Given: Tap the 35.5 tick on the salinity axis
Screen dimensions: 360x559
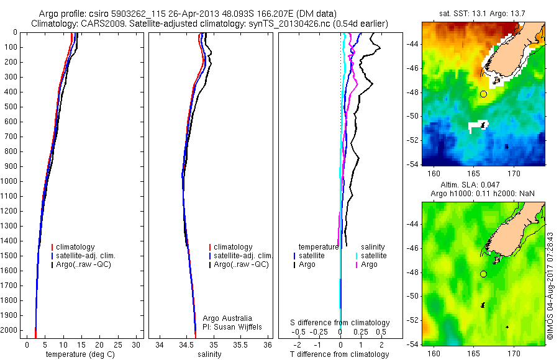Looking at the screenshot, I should pos(241,344).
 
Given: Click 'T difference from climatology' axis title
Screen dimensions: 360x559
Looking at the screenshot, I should pos(340,355).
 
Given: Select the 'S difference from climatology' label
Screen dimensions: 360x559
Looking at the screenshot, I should pos(340,323).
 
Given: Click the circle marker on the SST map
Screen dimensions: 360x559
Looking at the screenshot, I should pos(483,94).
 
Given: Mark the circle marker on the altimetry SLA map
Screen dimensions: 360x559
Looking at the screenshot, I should pos(483,274).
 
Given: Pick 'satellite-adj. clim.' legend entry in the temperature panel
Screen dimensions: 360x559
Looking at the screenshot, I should pos(86,256).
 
